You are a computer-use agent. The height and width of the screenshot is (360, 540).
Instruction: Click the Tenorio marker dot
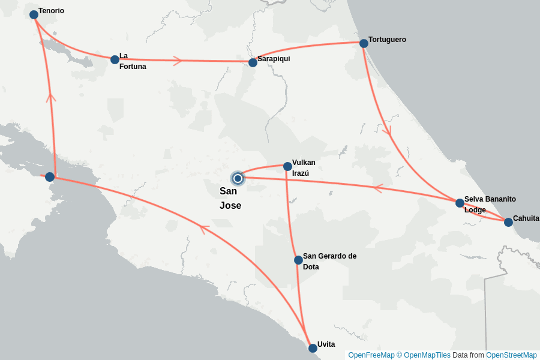(34, 14)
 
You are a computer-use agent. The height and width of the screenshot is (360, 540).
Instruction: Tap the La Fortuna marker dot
(115, 59)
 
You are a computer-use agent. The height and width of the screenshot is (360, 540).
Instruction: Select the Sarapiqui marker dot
(253, 62)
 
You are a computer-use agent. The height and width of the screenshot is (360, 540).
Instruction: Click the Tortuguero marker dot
(364, 43)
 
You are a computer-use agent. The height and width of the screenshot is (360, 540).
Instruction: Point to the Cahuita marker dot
(508, 222)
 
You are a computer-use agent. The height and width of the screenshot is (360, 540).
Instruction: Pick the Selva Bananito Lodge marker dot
(460, 203)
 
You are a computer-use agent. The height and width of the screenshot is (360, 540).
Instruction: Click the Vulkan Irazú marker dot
(287, 166)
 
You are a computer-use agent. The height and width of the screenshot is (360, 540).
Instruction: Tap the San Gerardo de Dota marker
(298, 260)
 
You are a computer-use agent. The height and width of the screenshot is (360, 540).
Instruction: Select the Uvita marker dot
(313, 348)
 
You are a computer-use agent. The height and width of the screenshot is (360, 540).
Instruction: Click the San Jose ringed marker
(238, 178)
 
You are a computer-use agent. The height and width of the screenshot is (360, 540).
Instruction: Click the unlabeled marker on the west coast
(50, 177)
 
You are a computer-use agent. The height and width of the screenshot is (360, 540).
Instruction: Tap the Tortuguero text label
(387, 40)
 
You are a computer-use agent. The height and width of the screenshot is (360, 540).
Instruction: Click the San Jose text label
(230, 199)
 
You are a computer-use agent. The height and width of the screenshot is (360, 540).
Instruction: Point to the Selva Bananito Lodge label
(490, 205)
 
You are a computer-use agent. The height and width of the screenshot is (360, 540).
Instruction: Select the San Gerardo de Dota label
(329, 262)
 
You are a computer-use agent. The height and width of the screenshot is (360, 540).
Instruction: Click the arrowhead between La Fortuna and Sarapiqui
(178, 61)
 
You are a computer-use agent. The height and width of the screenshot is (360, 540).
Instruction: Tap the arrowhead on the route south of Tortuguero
(387, 130)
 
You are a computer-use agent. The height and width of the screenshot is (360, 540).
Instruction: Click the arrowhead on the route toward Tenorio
(51, 97)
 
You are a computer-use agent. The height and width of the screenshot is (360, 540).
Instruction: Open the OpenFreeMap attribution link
(371, 355)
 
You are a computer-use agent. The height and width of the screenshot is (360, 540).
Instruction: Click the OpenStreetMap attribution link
(511, 355)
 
